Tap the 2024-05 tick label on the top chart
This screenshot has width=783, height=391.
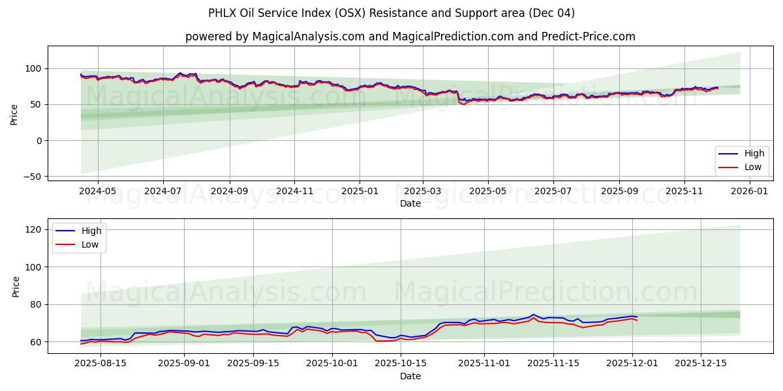[x=98, y=192]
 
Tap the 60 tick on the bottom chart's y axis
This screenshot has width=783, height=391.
[x=35, y=342]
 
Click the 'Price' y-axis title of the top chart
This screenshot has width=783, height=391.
[x=14, y=115]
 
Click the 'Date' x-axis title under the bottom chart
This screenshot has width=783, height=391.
[x=410, y=376]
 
